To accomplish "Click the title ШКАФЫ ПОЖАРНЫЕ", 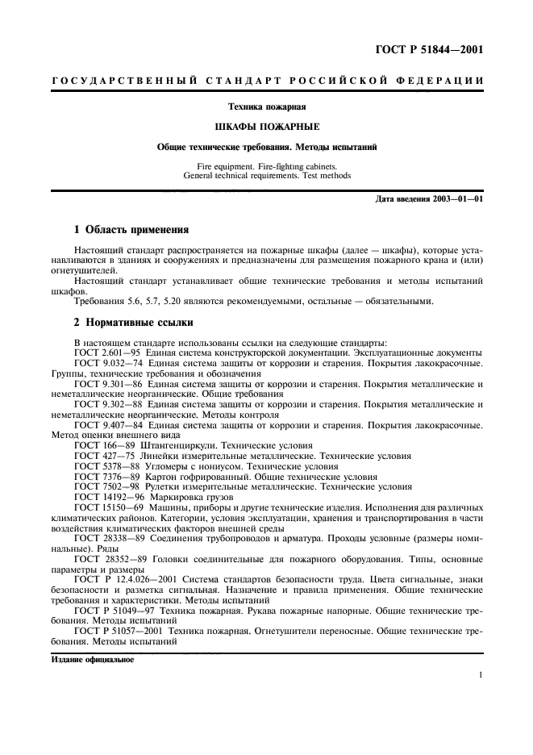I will [266, 127].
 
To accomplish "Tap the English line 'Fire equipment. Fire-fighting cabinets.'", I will [266, 165].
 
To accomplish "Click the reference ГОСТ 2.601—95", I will [105, 353].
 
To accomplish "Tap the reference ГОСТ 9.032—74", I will [105, 365].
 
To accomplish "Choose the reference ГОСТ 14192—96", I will [106, 498].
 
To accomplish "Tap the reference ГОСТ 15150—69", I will [106, 510].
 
